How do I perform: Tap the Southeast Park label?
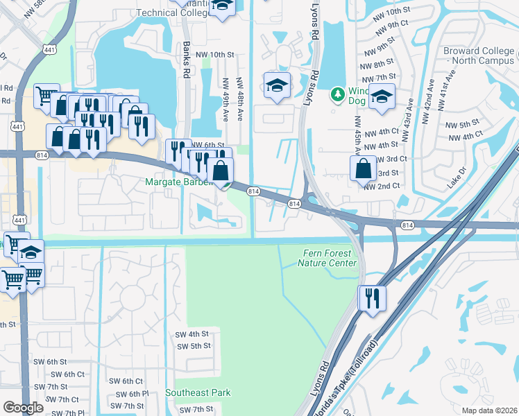tap(198, 393)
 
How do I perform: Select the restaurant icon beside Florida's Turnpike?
tap(371, 298)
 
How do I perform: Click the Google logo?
tap(23, 408)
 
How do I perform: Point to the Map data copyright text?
tap(488, 410)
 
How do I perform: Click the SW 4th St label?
tap(193, 333)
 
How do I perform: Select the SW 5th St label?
tap(194, 346)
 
